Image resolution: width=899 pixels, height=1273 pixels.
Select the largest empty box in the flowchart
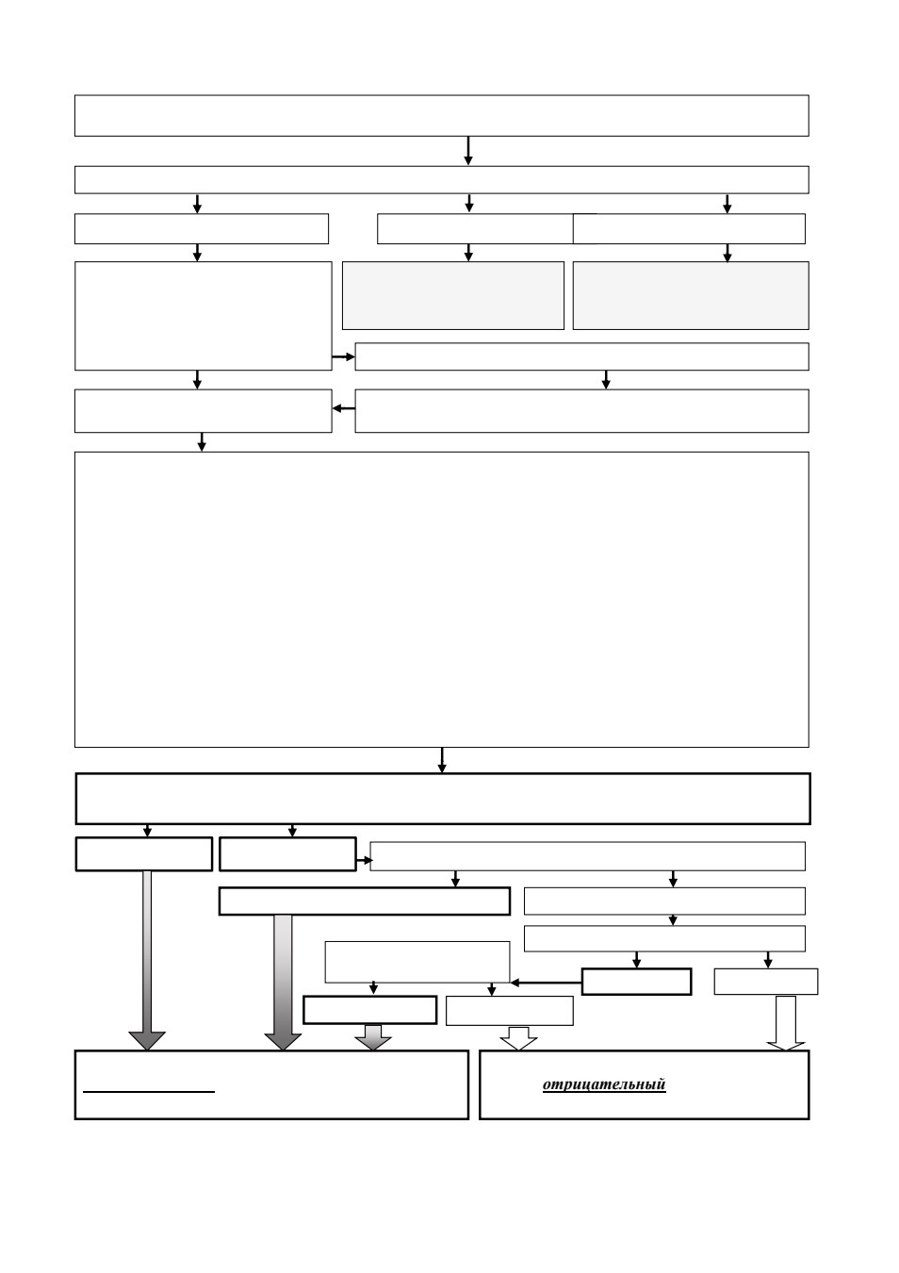[442, 600]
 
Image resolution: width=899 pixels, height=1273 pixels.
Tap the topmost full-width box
[442, 115]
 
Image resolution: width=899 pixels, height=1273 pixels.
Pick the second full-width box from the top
[442, 179]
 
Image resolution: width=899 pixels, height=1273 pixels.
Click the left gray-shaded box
[453, 295]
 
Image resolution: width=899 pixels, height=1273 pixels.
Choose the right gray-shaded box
[691, 295]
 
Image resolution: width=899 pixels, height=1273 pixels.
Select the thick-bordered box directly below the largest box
[443, 799]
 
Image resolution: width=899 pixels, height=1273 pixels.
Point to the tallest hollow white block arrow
[785, 1023]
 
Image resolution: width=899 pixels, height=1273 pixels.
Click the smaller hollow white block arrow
[518, 1038]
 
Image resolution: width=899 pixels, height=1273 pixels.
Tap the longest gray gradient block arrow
[283, 983]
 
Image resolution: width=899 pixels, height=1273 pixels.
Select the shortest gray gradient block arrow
[373, 1037]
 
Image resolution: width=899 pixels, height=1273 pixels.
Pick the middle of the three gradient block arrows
[283, 983]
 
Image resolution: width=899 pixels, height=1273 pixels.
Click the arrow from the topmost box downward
[468, 151]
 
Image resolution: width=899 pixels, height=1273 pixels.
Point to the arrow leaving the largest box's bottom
[442, 760]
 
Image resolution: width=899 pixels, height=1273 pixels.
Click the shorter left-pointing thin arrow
[344, 408]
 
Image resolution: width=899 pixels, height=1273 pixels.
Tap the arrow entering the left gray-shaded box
[468, 253]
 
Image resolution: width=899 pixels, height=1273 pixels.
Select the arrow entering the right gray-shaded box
[727, 254]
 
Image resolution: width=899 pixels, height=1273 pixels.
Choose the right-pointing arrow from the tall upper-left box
[344, 356]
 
